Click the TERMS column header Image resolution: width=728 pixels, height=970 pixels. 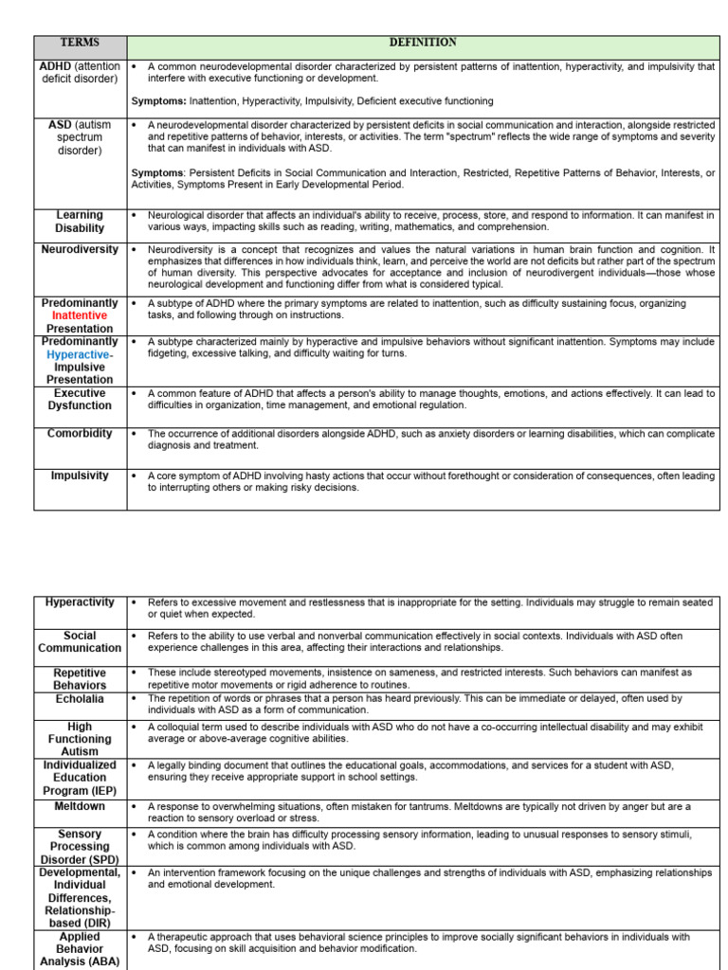81,44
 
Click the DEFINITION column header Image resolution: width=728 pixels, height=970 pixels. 423,43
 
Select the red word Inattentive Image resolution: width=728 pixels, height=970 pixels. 80,315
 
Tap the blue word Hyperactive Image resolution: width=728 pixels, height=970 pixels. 79,354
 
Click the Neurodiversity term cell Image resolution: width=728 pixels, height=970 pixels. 81,249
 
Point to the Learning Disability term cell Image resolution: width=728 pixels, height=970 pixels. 81,222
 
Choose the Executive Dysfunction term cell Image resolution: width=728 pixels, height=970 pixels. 81,399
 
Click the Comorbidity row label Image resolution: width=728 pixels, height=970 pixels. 81,434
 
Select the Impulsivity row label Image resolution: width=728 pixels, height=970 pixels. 81,476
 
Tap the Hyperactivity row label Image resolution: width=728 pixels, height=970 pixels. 81,602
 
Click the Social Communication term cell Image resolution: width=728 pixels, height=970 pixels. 81,642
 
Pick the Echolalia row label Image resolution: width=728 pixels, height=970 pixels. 81,699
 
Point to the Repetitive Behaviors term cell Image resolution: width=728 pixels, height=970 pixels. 81,678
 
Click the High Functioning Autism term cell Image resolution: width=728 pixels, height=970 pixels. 81,739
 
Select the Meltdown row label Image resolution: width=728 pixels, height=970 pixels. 81,806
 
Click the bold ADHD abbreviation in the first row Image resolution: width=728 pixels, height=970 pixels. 55,66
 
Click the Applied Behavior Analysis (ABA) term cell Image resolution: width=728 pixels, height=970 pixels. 81,949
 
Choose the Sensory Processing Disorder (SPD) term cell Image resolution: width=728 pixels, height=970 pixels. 81,846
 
